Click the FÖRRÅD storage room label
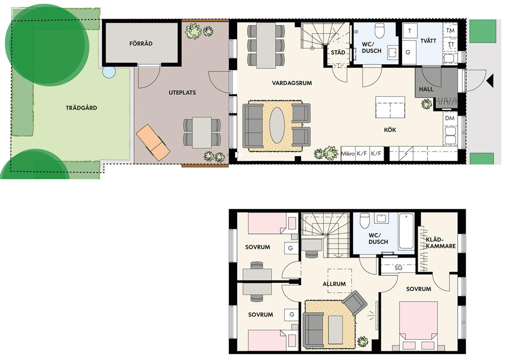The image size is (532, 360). [141, 43]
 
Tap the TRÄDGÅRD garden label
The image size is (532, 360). [81, 108]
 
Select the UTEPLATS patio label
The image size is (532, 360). [182, 93]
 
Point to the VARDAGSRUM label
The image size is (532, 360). [292, 83]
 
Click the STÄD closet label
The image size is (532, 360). [338, 52]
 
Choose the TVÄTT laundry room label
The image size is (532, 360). [428, 41]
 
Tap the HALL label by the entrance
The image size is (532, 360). [426, 89]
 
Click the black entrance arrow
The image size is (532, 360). [490, 81]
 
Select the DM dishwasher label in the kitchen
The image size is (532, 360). [450, 118]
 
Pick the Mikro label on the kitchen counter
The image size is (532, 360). [348, 154]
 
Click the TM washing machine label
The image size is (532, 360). [450, 31]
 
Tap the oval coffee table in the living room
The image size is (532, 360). [277, 125]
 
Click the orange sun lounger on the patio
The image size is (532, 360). [153, 142]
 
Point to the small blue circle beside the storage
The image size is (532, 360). [109, 72]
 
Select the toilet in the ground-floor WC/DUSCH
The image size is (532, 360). [379, 31]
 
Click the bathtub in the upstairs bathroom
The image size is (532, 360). [407, 231]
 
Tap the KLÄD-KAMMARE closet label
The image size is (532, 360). [441, 243]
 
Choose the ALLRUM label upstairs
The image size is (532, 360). [334, 284]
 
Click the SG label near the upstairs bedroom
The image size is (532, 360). [398, 268]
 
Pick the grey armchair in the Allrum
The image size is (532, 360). [355, 303]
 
